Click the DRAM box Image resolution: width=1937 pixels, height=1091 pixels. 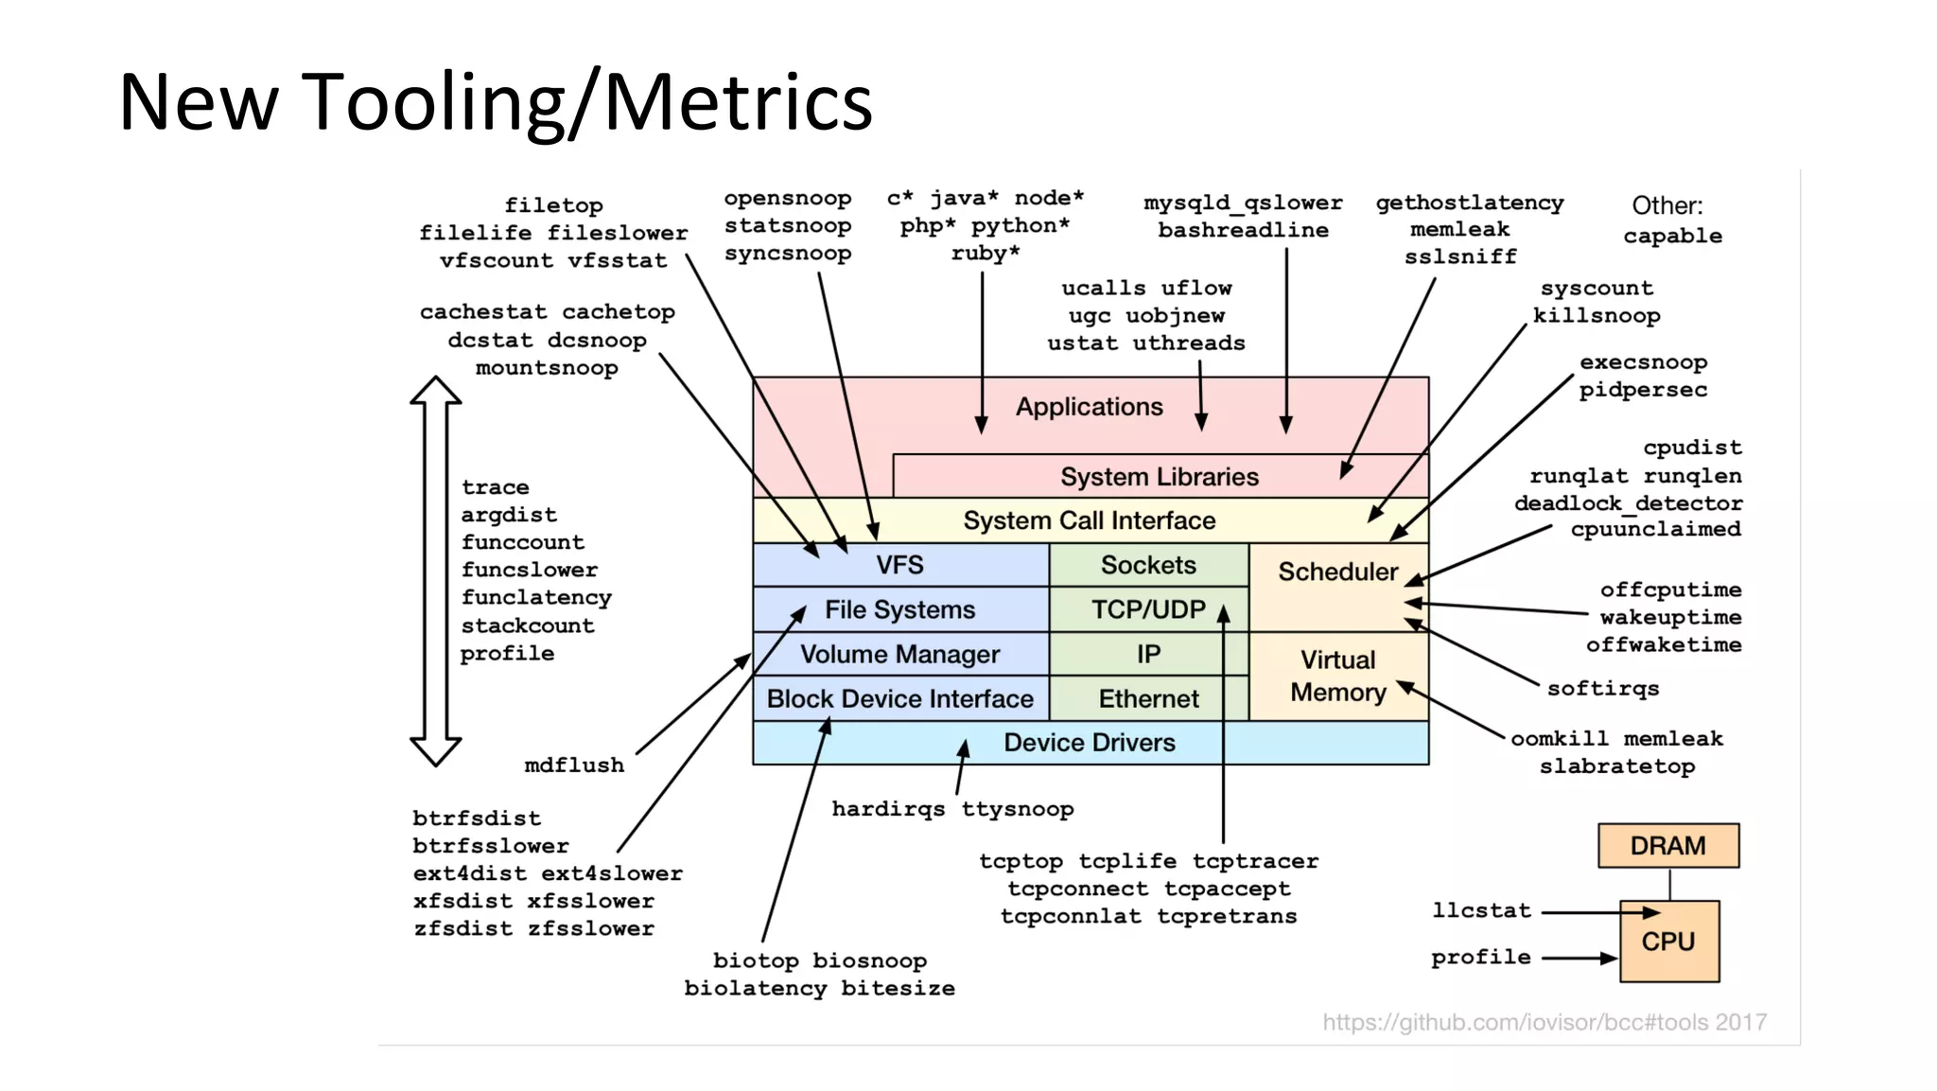click(1667, 845)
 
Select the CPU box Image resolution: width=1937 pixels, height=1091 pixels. click(1668, 941)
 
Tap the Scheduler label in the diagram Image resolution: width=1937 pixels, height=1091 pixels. click(1337, 572)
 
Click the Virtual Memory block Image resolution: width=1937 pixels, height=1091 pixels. click(1337, 676)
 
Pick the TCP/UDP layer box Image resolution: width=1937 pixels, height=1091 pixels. click(1148, 609)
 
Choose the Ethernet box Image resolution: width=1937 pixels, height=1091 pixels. click(1148, 698)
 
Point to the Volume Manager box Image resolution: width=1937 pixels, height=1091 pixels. click(899, 654)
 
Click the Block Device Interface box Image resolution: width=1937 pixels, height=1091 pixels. click(899, 698)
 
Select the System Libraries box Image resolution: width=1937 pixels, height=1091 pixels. click(1159, 476)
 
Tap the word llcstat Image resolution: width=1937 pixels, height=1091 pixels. click(1481, 910)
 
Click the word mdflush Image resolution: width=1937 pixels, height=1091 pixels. click(574, 765)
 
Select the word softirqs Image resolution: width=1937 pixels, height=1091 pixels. click(1602, 688)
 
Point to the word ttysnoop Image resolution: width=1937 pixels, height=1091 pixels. click(1018, 809)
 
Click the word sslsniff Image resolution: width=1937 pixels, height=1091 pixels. click(1459, 256)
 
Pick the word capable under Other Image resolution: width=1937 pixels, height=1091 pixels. click(1672, 236)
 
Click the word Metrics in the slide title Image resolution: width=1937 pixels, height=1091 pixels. click(738, 102)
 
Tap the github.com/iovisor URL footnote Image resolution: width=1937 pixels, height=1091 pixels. click(1544, 1022)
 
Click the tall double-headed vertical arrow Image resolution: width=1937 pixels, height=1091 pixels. click(435, 571)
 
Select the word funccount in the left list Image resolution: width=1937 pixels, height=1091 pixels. click(522, 542)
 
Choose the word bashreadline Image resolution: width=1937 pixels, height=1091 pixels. click(1243, 230)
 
